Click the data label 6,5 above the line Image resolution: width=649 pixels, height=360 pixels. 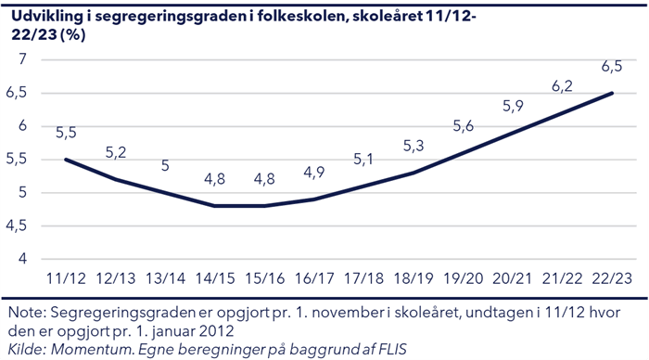point(612,66)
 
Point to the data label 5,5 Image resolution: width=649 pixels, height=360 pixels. point(66,133)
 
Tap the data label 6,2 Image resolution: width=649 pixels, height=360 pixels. point(562,86)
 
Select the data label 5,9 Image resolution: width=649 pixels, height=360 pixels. point(513,106)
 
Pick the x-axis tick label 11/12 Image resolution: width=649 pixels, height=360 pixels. point(66,277)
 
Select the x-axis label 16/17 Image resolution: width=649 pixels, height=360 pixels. point(314,277)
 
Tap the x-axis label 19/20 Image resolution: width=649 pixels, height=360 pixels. point(463,277)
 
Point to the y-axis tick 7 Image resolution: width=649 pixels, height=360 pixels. point(21,59)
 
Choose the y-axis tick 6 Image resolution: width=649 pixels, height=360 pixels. point(21,126)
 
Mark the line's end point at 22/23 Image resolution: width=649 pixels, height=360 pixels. point(611,93)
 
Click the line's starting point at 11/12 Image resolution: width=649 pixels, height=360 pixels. point(66,160)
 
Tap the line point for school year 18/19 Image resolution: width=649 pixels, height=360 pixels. point(414,173)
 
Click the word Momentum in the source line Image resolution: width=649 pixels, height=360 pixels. point(88,349)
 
